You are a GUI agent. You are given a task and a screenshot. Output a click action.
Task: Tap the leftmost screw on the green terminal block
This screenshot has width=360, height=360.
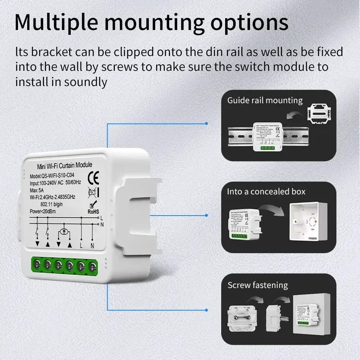coord(37,264)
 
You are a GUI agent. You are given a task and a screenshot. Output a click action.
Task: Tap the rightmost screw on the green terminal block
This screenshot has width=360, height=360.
coord(92,265)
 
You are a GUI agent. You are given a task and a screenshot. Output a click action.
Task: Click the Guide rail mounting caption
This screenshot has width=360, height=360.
coord(265,100)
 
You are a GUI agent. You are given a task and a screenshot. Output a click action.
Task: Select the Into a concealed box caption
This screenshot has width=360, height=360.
coord(266,192)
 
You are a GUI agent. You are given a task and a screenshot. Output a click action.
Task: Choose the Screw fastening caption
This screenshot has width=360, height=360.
coord(258,285)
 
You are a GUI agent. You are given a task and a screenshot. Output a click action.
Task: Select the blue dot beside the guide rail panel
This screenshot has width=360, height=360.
coord(206,124)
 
